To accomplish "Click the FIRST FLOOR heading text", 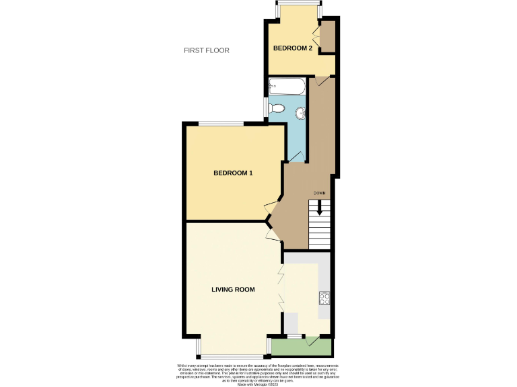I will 207,50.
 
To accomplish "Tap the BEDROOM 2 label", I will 292,48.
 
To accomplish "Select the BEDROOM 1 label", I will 233,173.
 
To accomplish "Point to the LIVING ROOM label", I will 233,290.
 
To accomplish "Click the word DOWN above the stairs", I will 320,193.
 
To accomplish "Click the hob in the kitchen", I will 324,297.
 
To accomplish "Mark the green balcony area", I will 302,347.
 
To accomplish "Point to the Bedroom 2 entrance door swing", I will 322,81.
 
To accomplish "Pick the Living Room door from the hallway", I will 272,233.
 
